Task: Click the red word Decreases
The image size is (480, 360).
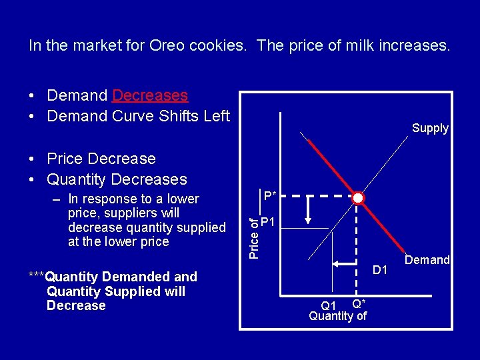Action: coord(150,95)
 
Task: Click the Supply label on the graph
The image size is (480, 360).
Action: coord(430,128)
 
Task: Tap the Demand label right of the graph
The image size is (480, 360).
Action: coord(427,260)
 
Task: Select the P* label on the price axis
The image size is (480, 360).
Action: coord(270,196)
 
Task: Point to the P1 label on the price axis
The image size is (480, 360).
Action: coord(269,222)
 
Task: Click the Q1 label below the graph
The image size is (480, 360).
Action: coord(329,305)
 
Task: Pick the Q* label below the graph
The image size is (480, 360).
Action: coord(358,303)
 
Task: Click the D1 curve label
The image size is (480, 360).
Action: coord(380,270)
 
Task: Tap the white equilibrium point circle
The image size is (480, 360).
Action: coord(358,197)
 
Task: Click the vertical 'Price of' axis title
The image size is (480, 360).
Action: coord(254,234)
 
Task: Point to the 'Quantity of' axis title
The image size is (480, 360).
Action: coord(337,316)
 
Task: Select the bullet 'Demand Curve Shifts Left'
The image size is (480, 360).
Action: coord(138,116)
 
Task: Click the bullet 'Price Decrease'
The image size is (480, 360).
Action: coord(101,159)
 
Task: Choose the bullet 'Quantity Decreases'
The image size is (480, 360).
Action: coord(117,179)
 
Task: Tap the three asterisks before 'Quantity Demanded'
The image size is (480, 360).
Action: coord(36,275)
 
